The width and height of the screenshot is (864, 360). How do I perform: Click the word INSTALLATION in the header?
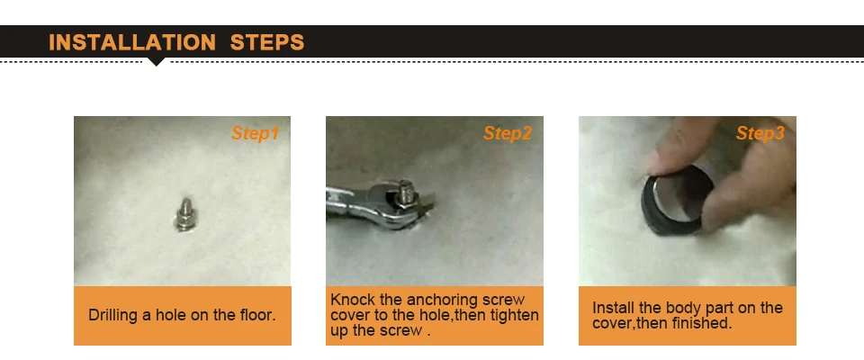click(132, 42)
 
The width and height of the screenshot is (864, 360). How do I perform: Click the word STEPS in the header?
click(267, 42)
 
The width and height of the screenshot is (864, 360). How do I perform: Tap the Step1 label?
click(255, 133)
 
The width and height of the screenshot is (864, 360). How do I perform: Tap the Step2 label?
click(508, 133)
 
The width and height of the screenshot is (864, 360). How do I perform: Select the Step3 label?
click(760, 133)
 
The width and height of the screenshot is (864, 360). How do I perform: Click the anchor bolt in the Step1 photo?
click(184, 214)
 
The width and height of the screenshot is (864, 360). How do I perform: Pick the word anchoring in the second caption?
click(443, 301)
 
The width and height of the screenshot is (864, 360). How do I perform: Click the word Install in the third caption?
click(613, 308)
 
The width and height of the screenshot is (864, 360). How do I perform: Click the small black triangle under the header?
click(157, 62)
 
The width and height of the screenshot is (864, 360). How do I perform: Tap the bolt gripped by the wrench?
click(406, 193)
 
